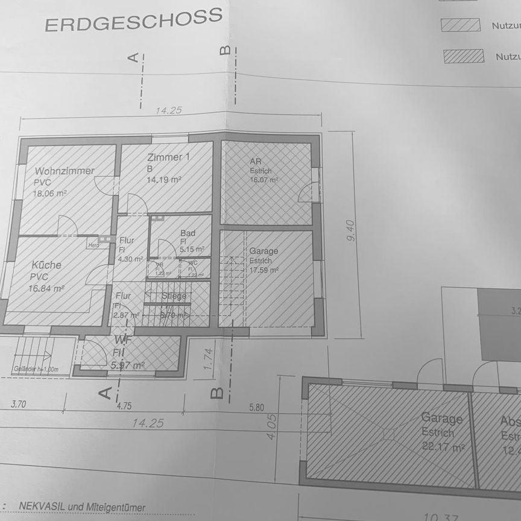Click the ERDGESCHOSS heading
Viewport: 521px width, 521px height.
coord(133,21)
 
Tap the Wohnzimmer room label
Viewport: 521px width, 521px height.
coord(64,171)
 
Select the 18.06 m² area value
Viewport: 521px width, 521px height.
coord(50,193)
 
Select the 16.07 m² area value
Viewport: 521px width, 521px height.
coord(264,180)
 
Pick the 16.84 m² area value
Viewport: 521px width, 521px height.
coord(47,288)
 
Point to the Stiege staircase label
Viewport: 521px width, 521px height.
coord(174,296)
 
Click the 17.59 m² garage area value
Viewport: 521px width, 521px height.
coord(264,271)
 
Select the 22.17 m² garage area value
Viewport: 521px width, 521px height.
coord(443,447)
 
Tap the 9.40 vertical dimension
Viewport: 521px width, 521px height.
coord(351,230)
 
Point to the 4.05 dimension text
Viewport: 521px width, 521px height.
coord(271,426)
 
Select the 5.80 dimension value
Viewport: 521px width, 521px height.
coord(256,408)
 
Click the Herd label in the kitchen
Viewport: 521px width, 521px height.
coord(93,245)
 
